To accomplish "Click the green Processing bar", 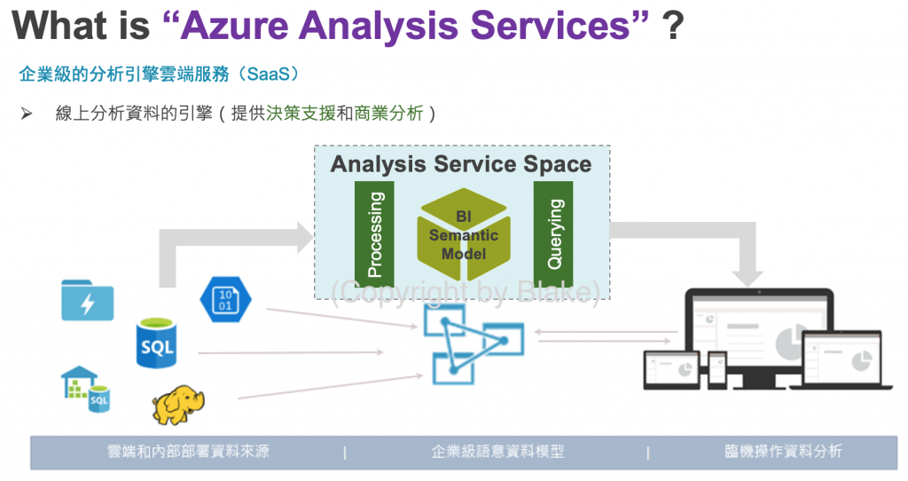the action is tap(374, 234).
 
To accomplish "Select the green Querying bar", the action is tap(553, 234).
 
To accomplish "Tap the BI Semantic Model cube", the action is tap(464, 234).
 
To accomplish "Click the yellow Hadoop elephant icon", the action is tap(178, 405).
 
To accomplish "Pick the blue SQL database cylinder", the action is tap(156, 343).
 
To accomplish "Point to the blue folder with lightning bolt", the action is tap(88, 300).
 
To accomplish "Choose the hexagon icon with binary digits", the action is tap(225, 300).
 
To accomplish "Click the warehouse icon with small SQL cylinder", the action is tap(85, 389).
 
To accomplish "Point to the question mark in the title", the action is tap(672, 26).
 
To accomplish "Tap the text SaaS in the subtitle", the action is tap(268, 75).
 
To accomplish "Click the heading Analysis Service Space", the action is tap(461, 164).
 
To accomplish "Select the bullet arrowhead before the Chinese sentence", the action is tap(26, 113).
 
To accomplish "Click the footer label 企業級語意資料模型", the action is tap(497, 452).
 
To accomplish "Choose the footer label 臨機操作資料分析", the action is tap(784, 452).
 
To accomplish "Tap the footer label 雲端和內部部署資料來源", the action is tap(188, 452).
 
